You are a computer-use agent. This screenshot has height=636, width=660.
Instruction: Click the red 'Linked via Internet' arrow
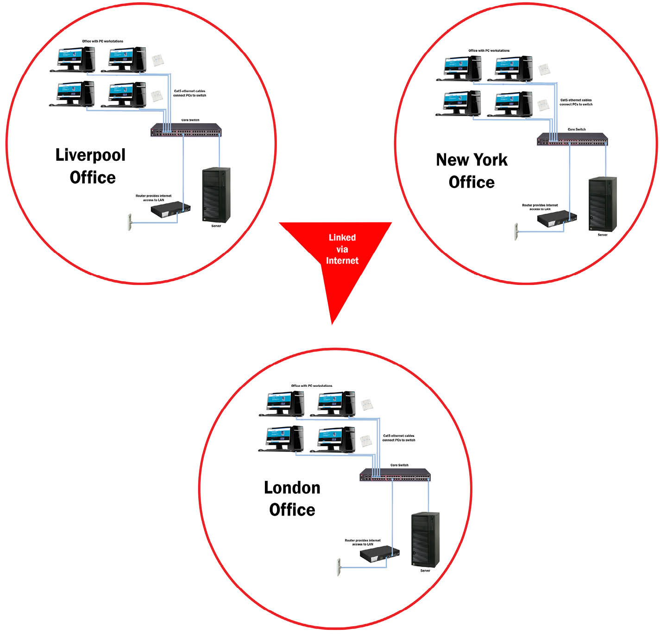(x=334, y=258)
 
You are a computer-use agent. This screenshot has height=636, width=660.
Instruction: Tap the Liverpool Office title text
(x=91, y=166)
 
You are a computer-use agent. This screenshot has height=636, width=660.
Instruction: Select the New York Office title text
(x=471, y=170)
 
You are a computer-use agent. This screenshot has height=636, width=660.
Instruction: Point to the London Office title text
(x=292, y=498)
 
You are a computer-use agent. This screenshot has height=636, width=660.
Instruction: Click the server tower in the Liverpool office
(x=216, y=195)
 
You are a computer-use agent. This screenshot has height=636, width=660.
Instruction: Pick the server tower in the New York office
(x=603, y=204)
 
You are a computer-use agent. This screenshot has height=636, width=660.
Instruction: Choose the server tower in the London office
(x=425, y=540)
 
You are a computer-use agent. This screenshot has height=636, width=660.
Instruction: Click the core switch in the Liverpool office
(x=186, y=130)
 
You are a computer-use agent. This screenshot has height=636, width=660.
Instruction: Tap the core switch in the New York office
(x=572, y=139)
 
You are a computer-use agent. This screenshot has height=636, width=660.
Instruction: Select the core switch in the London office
(x=395, y=474)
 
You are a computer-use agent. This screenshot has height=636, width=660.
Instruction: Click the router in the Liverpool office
(x=170, y=209)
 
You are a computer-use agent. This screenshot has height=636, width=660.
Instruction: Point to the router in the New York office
(x=557, y=219)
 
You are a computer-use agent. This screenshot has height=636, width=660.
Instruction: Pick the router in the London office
(x=379, y=554)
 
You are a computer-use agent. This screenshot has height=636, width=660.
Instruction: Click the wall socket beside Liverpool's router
(x=129, y=222)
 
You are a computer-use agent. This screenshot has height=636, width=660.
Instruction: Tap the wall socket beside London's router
(x=338, y=567)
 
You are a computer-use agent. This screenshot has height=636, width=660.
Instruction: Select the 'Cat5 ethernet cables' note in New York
(x=576, y=102)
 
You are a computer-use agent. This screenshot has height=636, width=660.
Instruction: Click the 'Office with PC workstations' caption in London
(x=312, y=386)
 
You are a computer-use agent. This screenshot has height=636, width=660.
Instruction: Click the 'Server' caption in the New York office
(x=603, y=235)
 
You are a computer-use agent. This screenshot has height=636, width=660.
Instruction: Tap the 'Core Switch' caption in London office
(x=399, y=465)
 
